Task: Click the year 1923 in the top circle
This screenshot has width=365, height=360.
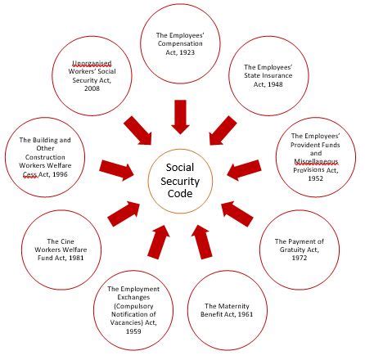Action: (x=187, y=52)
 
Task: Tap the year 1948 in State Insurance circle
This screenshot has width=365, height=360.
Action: (x=275, y=84)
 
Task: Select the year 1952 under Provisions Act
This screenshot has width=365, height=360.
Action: (x=316, y=178)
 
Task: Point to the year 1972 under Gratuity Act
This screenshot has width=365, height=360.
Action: (x=300, y=258)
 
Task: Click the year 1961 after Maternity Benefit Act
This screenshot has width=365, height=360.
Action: (x=246, y=314)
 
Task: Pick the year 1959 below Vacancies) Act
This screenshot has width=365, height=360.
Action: (x=133, y=331)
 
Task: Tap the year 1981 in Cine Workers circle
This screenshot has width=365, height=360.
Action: (x=76, y=258)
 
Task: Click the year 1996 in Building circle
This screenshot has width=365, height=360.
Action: (x=59, y=174)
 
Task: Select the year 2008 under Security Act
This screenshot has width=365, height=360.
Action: (x=92, y=88)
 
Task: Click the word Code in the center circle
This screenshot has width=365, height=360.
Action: (x=180, y=193)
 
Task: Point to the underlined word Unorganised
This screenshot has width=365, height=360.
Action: (x=92, y=63)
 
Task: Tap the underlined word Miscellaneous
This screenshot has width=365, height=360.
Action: (x=316, y=161)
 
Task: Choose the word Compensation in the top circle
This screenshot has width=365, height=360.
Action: (x=180, y=43)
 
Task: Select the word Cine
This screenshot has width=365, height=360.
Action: (x=68, y=241)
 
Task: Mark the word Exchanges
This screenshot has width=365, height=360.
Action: (x=133, y=297)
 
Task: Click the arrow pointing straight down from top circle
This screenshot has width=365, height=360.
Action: (x=180, y=117)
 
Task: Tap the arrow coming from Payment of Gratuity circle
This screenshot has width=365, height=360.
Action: (x=237, y=214)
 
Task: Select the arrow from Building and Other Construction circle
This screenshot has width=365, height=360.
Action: (x=117, y=169)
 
